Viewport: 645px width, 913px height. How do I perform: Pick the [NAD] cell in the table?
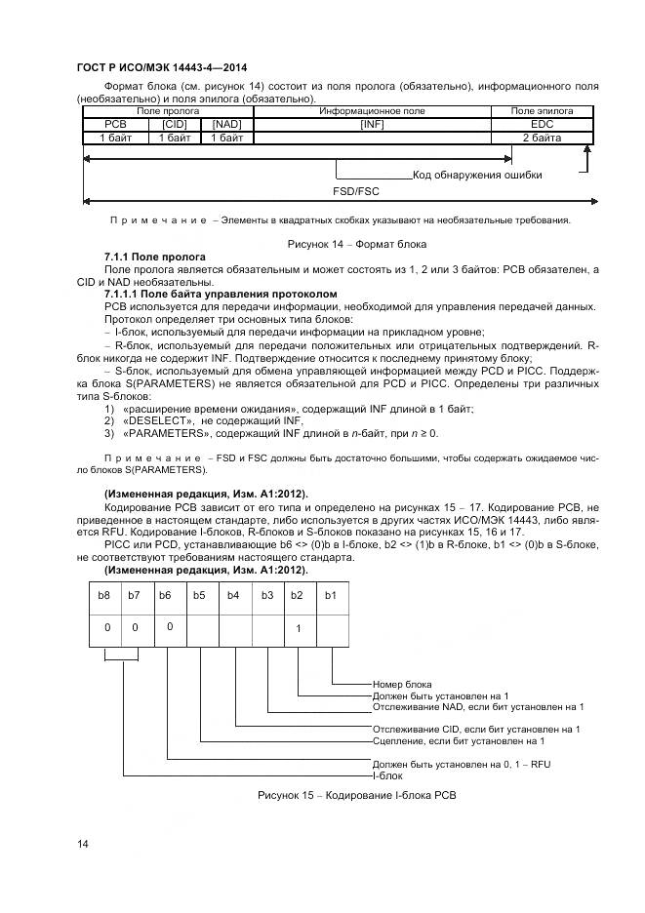[226, 125]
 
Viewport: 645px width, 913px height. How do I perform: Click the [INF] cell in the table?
[372, 125]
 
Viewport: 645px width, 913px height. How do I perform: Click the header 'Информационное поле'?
[372, 112]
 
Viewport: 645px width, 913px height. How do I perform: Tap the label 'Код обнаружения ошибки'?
[477, 176]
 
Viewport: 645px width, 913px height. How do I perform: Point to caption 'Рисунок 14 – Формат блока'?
[356, 243]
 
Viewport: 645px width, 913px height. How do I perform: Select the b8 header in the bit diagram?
[105, 594]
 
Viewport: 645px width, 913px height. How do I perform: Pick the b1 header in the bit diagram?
[330, 594]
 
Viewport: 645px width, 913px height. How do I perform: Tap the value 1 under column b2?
[298, 627]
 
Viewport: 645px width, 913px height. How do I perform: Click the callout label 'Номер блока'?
[402, 685]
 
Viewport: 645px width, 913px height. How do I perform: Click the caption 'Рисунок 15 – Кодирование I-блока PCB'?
[356, 796]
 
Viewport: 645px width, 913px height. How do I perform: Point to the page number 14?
[82, 843]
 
